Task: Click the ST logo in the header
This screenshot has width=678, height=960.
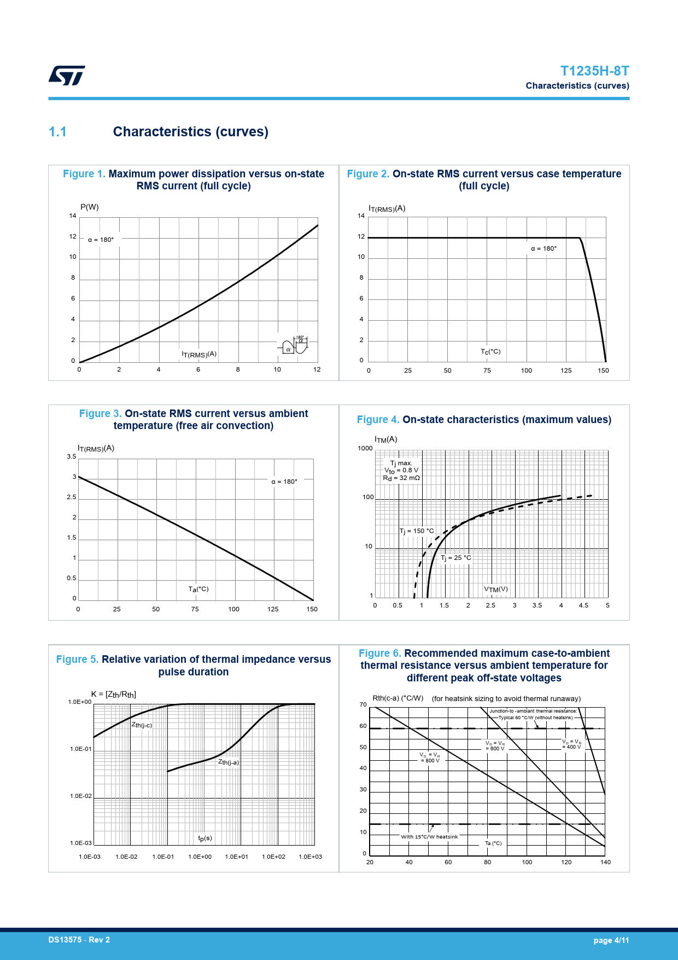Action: [67, 76]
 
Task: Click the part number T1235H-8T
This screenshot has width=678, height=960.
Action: [594, 71]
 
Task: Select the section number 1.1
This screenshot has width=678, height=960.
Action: [57, 132]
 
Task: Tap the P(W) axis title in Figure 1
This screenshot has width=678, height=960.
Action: [90, 207]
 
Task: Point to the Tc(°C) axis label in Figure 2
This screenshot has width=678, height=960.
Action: [490, 351]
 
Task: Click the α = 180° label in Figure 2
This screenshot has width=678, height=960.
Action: [543, 248]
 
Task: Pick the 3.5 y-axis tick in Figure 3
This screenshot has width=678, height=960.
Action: [72, 456]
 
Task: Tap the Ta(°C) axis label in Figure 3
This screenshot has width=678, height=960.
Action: [198, 589]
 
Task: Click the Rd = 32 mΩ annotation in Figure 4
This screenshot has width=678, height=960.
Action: [401, 478]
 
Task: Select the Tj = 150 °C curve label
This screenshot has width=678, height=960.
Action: [417, 531]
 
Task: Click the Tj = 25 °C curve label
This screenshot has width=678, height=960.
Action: [456, 558]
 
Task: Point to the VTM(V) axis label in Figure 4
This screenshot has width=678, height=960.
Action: [496, 589]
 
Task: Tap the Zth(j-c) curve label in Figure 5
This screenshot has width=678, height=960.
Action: [142, 725]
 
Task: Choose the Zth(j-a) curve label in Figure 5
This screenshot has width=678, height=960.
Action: [229, 762]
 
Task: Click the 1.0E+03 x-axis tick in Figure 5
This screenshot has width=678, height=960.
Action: [310, 857]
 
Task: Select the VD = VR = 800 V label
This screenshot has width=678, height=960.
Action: [430, 757]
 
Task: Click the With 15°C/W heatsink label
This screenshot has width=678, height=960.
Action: [429, 836]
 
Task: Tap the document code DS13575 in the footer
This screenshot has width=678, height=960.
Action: [65, 940]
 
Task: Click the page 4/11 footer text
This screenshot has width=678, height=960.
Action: [611, 940]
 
